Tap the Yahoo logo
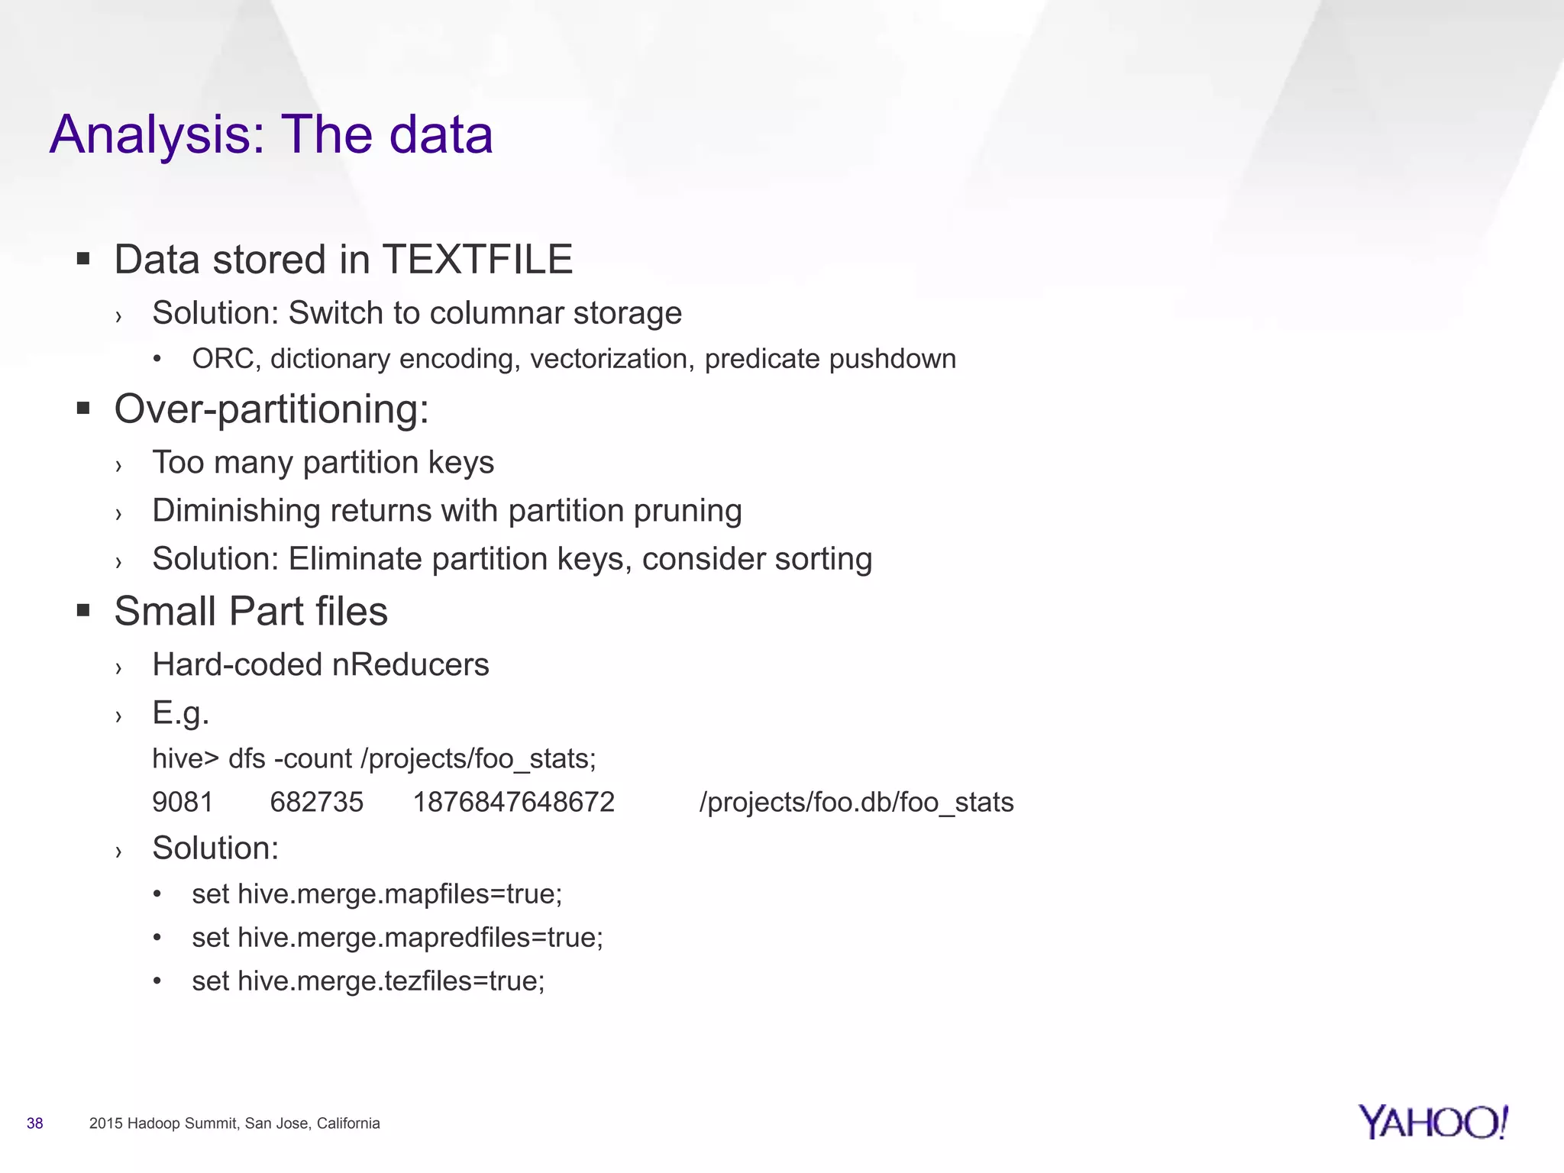(1433, 1123)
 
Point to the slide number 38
(35, 1123)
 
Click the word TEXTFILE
(477, 260)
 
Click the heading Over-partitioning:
(271, 409)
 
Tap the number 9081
(183, 803)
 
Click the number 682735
(317, 803)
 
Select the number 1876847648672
(514, 803)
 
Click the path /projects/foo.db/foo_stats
(856, 803)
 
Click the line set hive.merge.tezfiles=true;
(368, 981)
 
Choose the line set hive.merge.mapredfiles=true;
(397, 938)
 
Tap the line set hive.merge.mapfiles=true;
(376, 894)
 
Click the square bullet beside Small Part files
(83, 611)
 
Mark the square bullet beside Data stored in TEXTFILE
(83, 259)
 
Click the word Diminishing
(236, 511)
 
